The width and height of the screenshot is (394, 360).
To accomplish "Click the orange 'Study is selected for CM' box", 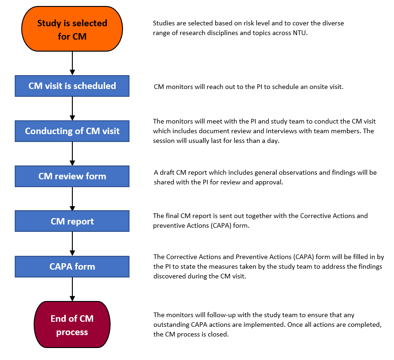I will click(x=72, y=29).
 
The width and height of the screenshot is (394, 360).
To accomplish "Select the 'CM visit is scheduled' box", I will click(x=72, y=86).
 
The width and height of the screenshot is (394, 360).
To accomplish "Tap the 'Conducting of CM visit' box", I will click(x=72, y=131).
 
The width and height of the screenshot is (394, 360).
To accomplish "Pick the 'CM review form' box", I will click(x=72, y=176).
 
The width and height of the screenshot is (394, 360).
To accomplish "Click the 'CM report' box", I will click(x=72, y=221).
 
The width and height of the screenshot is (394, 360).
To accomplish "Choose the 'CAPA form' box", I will click(x=72, y=266).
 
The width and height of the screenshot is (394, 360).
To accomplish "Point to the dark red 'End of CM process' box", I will click(x=72, y=325).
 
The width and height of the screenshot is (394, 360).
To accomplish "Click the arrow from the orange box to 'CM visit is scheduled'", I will click(x=72, y=63).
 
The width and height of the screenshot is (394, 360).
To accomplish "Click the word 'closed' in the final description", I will click(x=218, y=335).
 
